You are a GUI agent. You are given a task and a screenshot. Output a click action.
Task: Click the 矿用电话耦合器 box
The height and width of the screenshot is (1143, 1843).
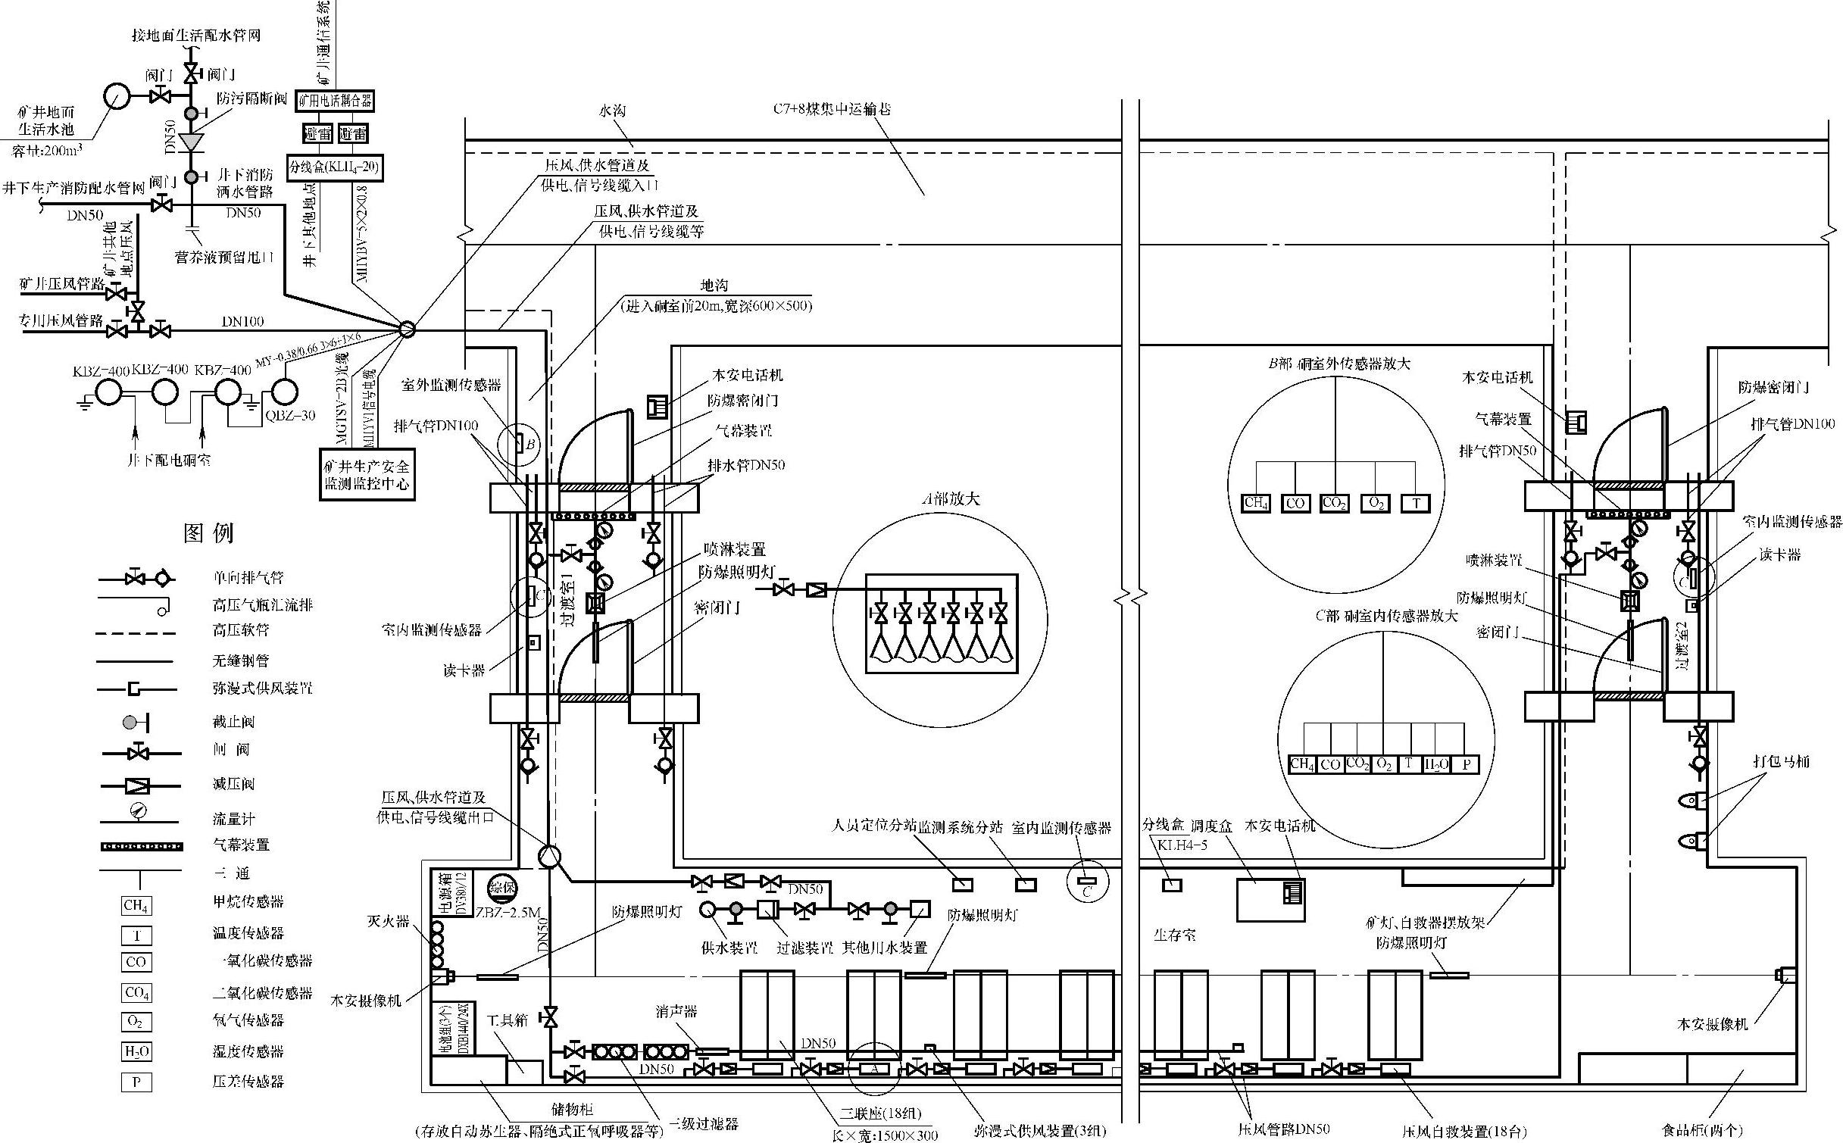click(335, 101)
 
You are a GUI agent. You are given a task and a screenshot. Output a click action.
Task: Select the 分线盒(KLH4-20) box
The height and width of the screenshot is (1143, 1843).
click(335, 167)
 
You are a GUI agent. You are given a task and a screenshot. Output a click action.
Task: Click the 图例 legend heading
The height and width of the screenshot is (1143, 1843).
click(208, 533)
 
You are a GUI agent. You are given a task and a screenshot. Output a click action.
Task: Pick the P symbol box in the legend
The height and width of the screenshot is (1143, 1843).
click(136, 1082)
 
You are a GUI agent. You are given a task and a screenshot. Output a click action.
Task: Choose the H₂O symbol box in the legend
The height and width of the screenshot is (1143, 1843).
click(136, 1051)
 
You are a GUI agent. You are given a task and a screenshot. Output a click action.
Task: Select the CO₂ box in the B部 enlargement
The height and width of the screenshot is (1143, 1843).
click(1333, 503)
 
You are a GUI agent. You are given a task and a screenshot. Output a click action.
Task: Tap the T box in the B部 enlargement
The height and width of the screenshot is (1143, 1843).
click(1416, 503)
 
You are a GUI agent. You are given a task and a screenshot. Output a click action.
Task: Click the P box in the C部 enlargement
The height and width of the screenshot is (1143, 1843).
click(1466, 764)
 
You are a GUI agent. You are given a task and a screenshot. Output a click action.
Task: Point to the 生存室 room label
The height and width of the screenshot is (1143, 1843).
click(1174, 935)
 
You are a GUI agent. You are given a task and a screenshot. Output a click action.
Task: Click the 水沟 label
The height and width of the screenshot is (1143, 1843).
click(612, 111)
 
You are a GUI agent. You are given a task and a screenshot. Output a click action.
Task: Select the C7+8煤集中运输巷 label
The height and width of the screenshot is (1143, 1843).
click(832, 109)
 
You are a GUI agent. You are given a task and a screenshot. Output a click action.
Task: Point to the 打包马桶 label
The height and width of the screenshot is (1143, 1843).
click(1781, 761)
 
